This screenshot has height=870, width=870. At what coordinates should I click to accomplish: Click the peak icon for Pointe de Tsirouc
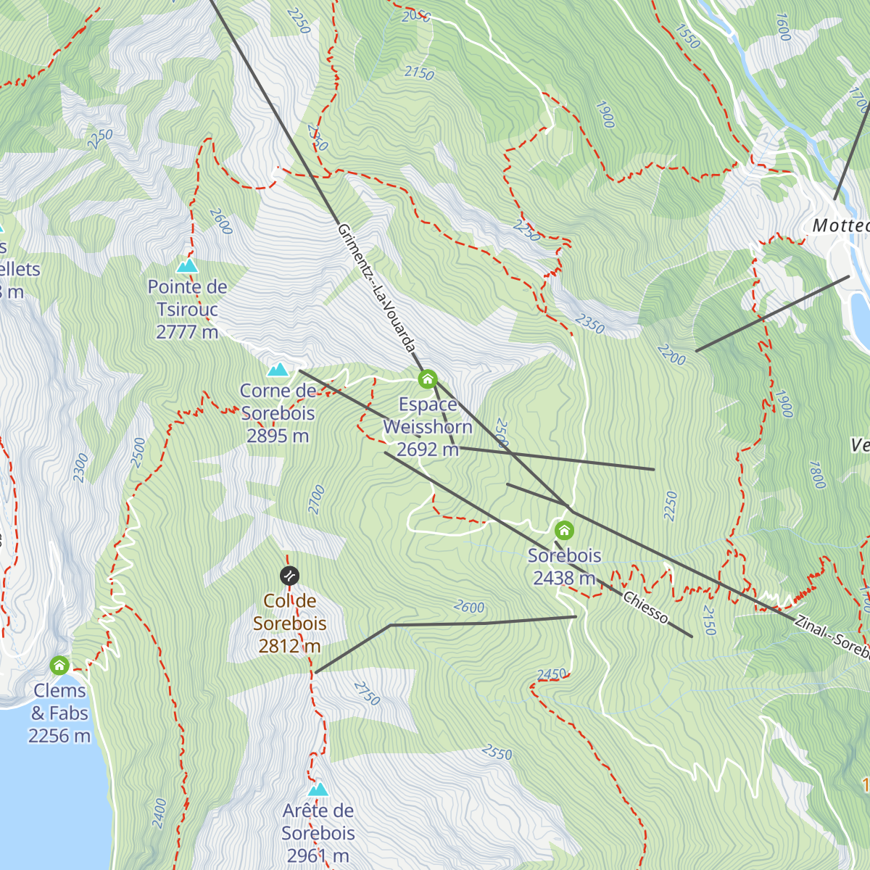(x=187, y=266)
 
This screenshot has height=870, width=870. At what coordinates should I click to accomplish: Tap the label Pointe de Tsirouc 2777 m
(x=187, y=310)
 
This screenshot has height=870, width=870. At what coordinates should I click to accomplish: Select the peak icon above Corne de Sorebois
(x=278, y=370)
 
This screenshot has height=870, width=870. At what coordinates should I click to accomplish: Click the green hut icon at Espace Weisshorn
(x=428, y=379)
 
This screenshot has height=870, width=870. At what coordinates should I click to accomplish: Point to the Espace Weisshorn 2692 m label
(x=428, y=427)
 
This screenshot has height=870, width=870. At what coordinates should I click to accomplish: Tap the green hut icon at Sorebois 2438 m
(x=564, y=530)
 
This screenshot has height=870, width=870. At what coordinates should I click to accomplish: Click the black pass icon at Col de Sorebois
(x=289, y=576)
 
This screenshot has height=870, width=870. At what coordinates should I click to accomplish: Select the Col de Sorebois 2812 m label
(x=289, y=623)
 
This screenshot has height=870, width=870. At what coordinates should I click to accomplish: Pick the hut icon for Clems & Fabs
(x=59, y=665)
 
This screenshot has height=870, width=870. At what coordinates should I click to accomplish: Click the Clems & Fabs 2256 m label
(x=59, y=713)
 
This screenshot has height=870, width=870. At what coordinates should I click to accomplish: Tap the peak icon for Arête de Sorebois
(x=318, y=790)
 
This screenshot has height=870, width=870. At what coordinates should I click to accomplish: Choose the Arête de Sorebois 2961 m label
(x=318, y=833)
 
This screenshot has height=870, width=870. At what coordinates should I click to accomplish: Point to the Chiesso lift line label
(x=645, y=608)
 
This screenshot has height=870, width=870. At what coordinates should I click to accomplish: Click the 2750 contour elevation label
(x=367, y=693)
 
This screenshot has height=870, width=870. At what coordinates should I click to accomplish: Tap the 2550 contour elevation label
(x=497, y=753)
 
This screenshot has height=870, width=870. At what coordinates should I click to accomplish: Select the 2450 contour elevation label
(x=552, y=674)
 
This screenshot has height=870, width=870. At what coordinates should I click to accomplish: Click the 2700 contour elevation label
(x=317, y=500)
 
